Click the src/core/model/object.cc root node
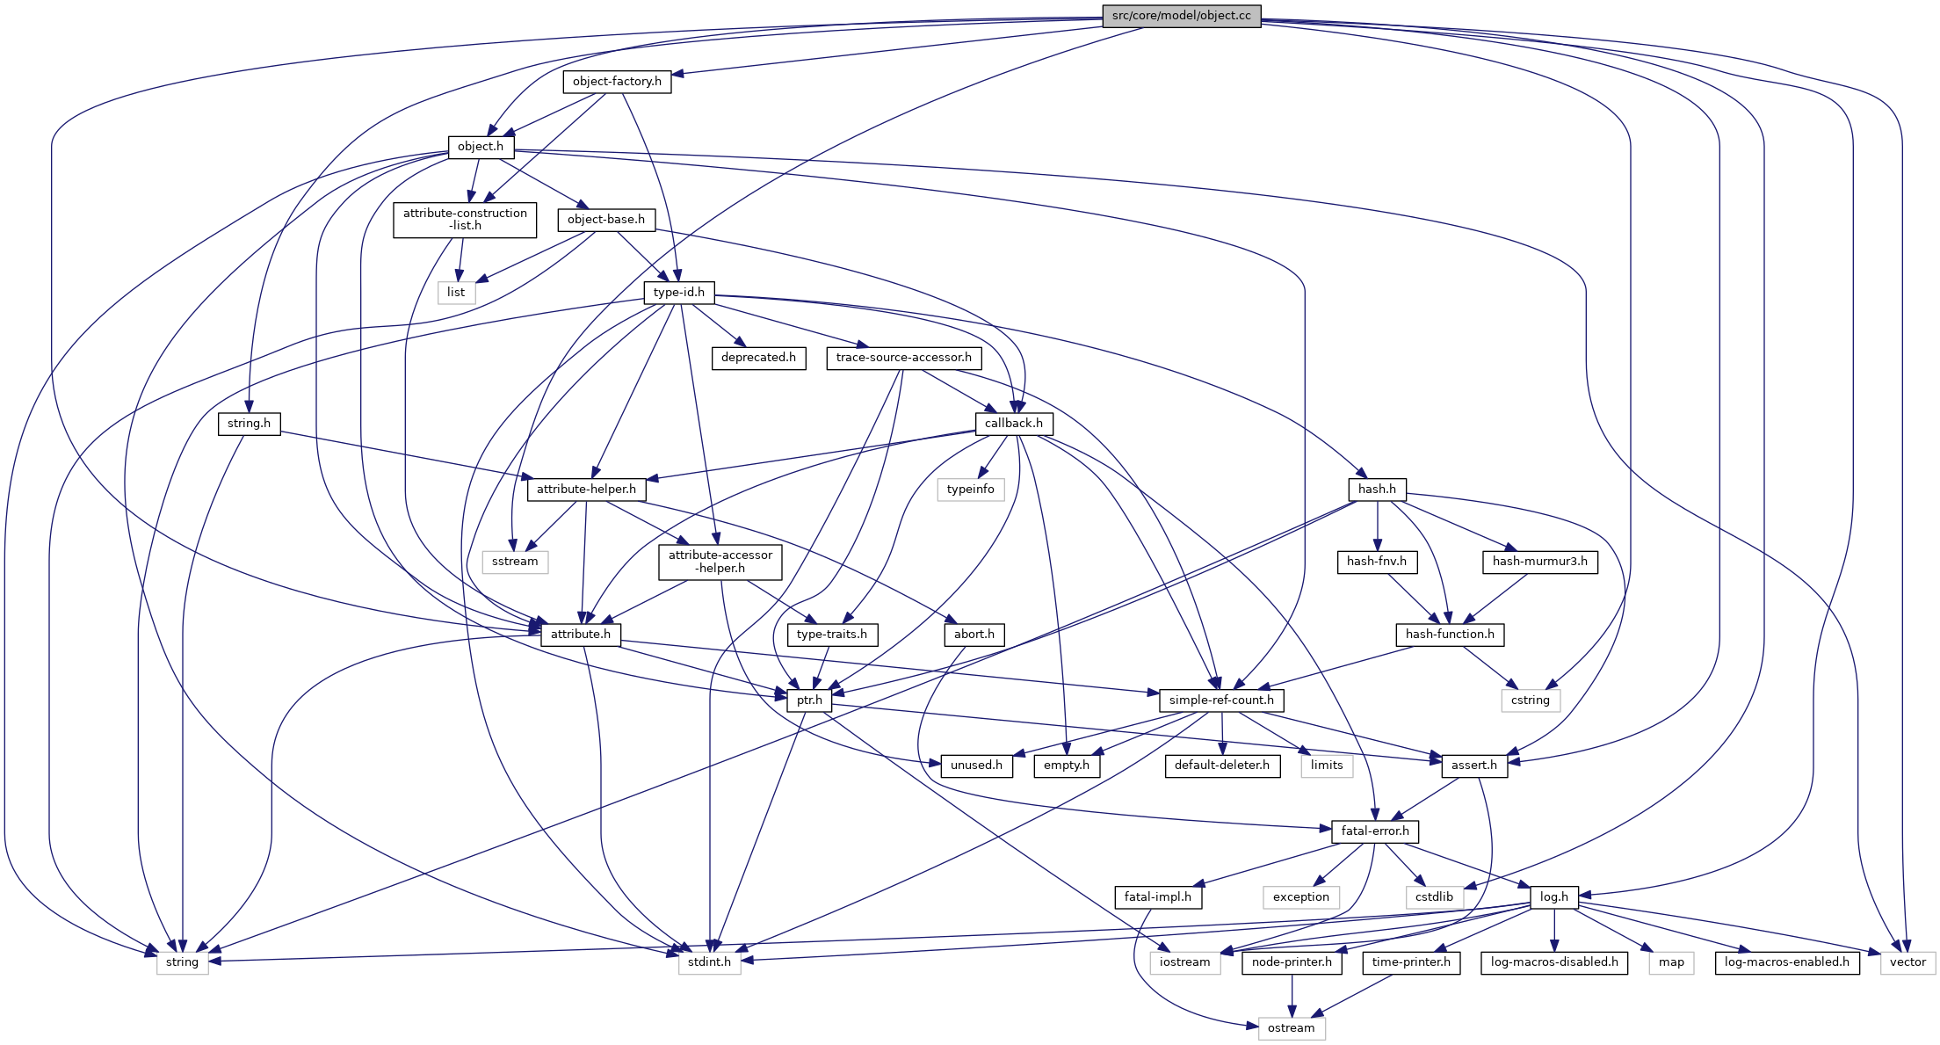coord(1181,16)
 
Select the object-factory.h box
coord(617,82)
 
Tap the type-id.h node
coord(678,293)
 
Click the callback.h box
coord(1013,424)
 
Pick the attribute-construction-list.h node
coord(465,220)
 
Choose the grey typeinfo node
coord(970,490)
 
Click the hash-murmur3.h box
coord(1539,562)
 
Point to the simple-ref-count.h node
coord(1220,700)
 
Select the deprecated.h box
coord(758,358)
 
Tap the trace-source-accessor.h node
coord(903,358)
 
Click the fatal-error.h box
coord(1374,831)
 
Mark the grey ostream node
coord(1291,1028)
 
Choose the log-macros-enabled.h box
coord(1786,962)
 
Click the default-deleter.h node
coord(1221,766)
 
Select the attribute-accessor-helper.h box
coord(720,562)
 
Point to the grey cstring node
coord(1530,700)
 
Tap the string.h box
coord(249,424)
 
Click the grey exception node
coord(1300,897)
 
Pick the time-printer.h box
coord(1411,962)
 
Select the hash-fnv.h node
coord(1376,562)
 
